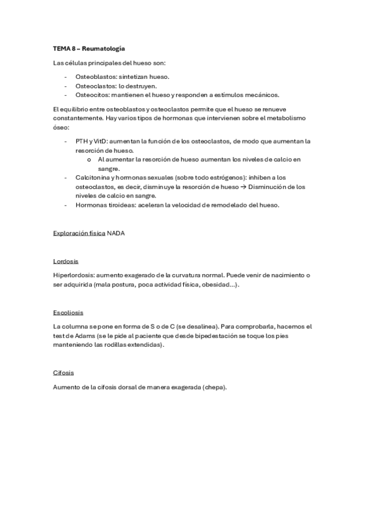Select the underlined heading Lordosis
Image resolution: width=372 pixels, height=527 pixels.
(66, 261)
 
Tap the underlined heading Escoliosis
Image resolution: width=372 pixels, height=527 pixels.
(68, 312)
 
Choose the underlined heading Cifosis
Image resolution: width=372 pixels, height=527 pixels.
(65, 373)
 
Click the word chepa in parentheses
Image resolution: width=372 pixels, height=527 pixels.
(212, 387)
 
